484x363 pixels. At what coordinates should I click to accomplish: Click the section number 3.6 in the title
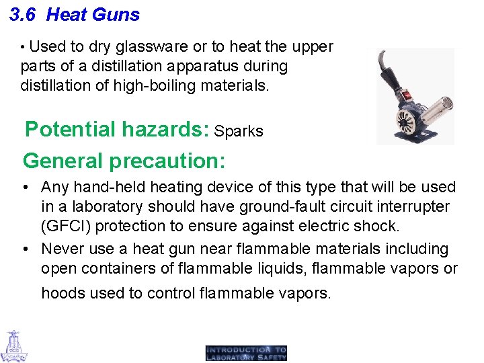coord(24,15)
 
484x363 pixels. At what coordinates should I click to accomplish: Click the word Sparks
coord(239,131)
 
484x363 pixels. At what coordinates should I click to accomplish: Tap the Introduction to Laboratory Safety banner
coord(246,353)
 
